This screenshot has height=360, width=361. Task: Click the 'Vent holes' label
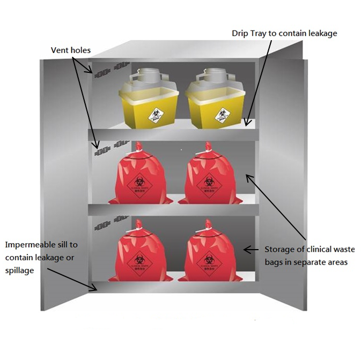[x=71, y=50]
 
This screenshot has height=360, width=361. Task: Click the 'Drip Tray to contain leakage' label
[x=284, y=33]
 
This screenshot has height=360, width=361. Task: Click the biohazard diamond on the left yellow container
[x=156, y=114]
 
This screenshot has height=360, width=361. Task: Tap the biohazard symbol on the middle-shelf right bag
[x=207, y=182]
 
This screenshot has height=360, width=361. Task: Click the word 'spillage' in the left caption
[x=19, y=271]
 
